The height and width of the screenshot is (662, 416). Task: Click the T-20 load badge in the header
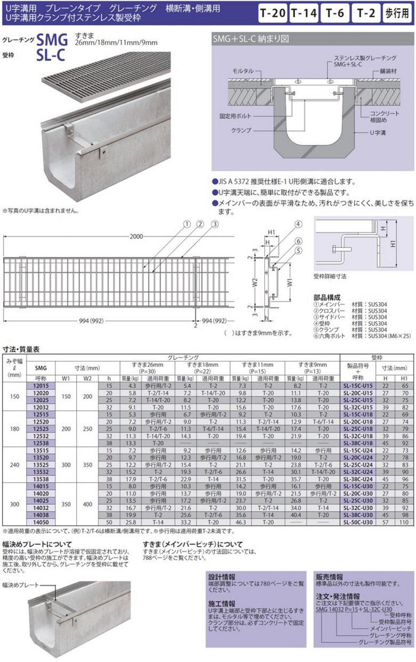click(272, 15)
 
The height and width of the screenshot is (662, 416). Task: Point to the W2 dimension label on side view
click(255, 280)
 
